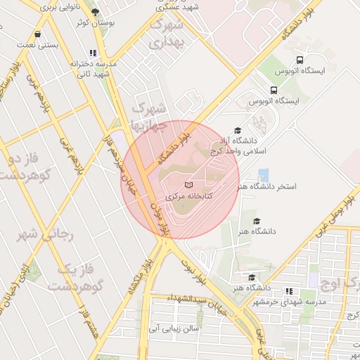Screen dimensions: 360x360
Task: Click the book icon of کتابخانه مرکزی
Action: (188, 185)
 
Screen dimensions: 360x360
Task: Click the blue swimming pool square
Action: (263, 174)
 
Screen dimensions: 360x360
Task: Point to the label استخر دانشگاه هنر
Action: (267, 187)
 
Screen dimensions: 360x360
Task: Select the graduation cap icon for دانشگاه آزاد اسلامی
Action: (238, 131)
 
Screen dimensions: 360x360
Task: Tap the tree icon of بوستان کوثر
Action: (96, 12)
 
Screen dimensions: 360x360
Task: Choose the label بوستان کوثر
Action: (95, 23)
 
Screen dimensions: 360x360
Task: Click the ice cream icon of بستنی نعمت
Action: (37, 33)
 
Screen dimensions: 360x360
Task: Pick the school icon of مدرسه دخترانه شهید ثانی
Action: (93, 53)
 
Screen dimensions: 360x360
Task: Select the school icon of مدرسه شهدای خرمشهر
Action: (289, 291)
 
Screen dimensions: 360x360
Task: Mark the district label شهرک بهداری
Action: (167, 34)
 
